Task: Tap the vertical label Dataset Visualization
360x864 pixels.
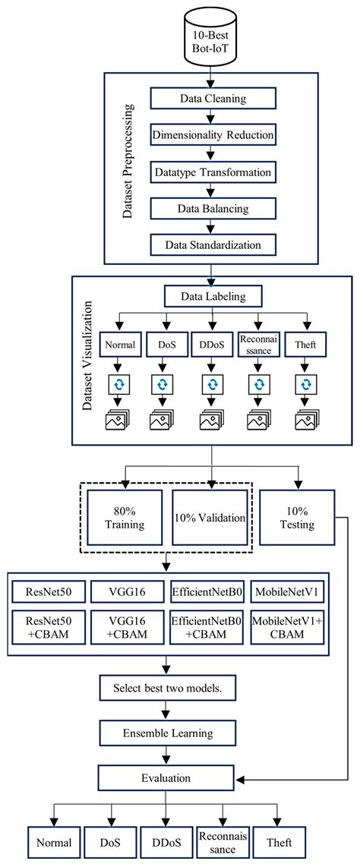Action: tap(90, 358)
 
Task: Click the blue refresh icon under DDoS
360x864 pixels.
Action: tap(210, 385)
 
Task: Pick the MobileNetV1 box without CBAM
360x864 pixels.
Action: tap(289, 592)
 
